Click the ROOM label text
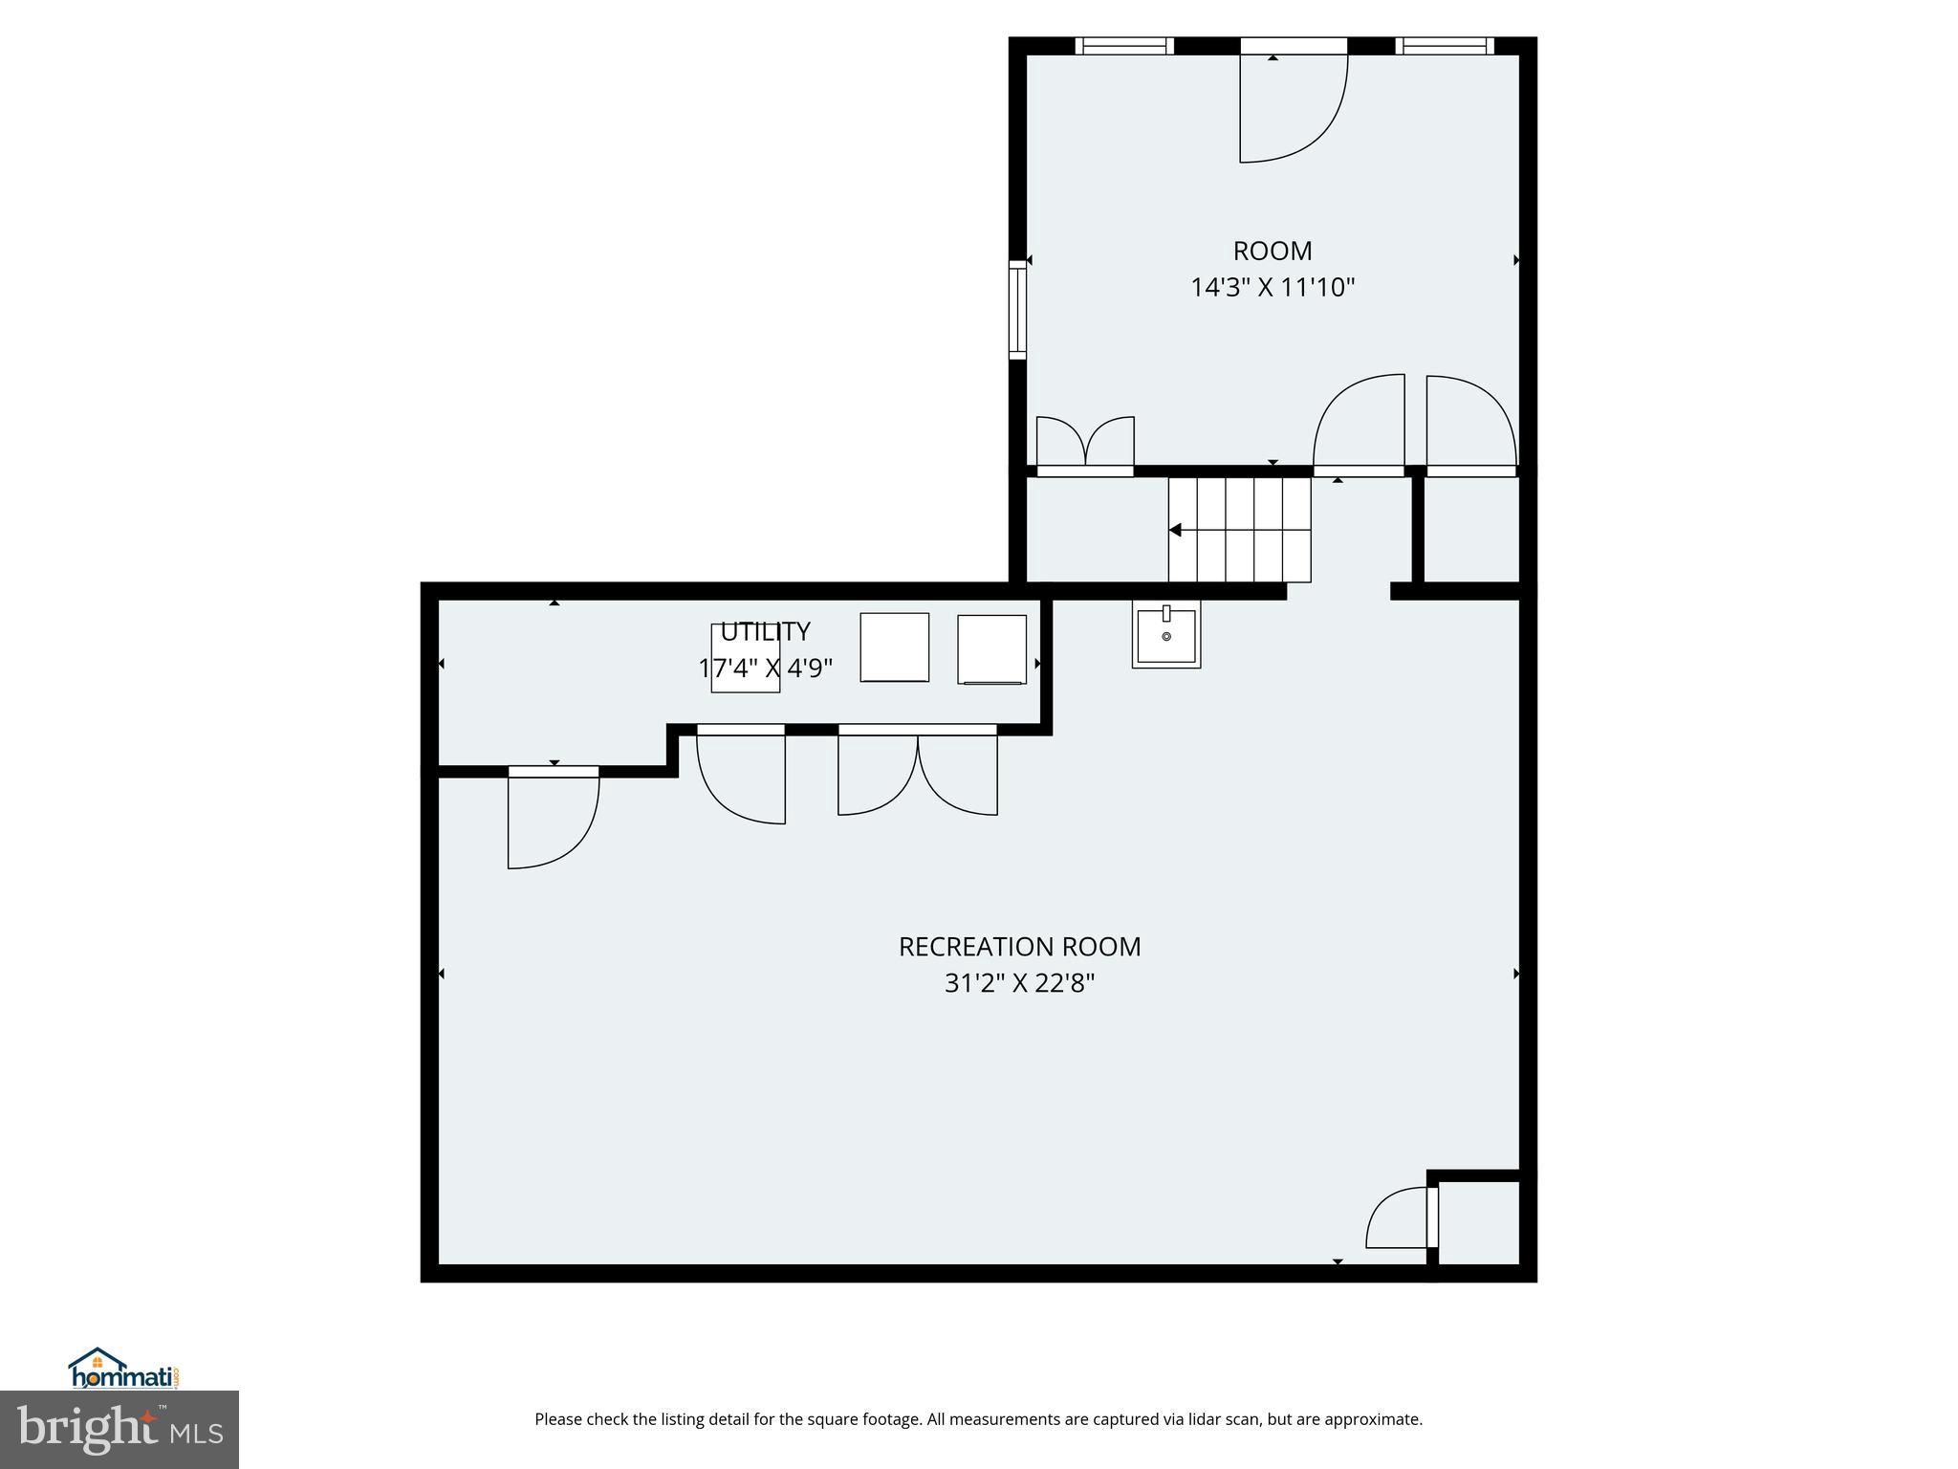(x=1272, y=251)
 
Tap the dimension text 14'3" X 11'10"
(x=1272, y=287)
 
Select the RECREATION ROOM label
(x=1019, y=946)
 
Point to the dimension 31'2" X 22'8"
(x=1019, y=982)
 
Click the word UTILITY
(x=765, y=631)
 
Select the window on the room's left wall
(x=1017, y=313)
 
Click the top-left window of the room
(x=1123, y=46)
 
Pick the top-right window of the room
(x=1444, y=46)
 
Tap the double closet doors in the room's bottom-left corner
(x=1085, y=445)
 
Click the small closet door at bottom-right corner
(x=1401, y=1219)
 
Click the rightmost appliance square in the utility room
(x=991, y=649)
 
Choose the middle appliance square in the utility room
(x=894, y=647)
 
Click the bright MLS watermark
(x=119, y=1429)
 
